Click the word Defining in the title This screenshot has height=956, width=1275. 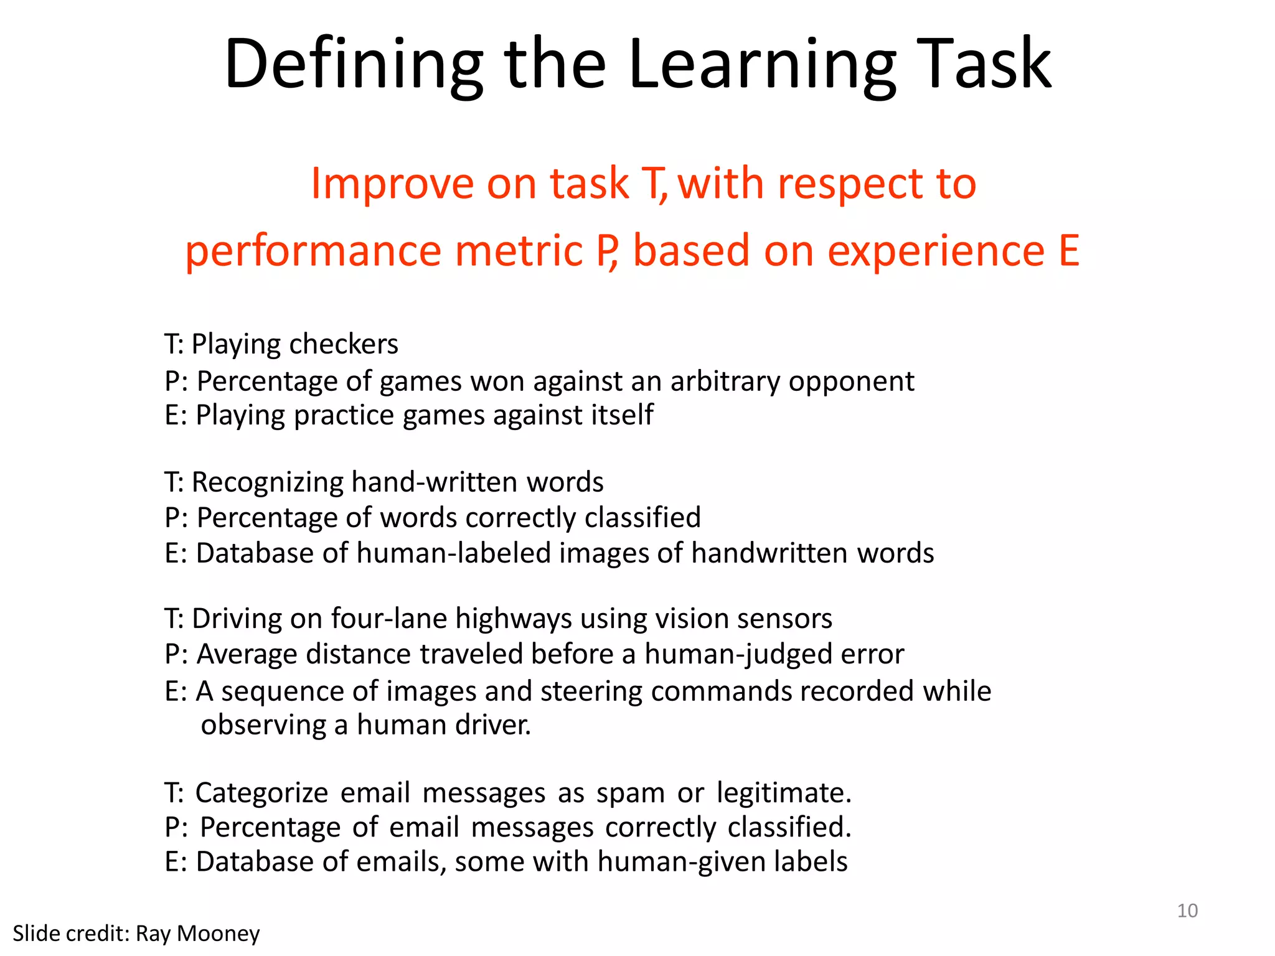[354, 64]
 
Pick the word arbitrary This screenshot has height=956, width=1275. [725, 381]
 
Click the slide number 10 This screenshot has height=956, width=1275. [1187, 911]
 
